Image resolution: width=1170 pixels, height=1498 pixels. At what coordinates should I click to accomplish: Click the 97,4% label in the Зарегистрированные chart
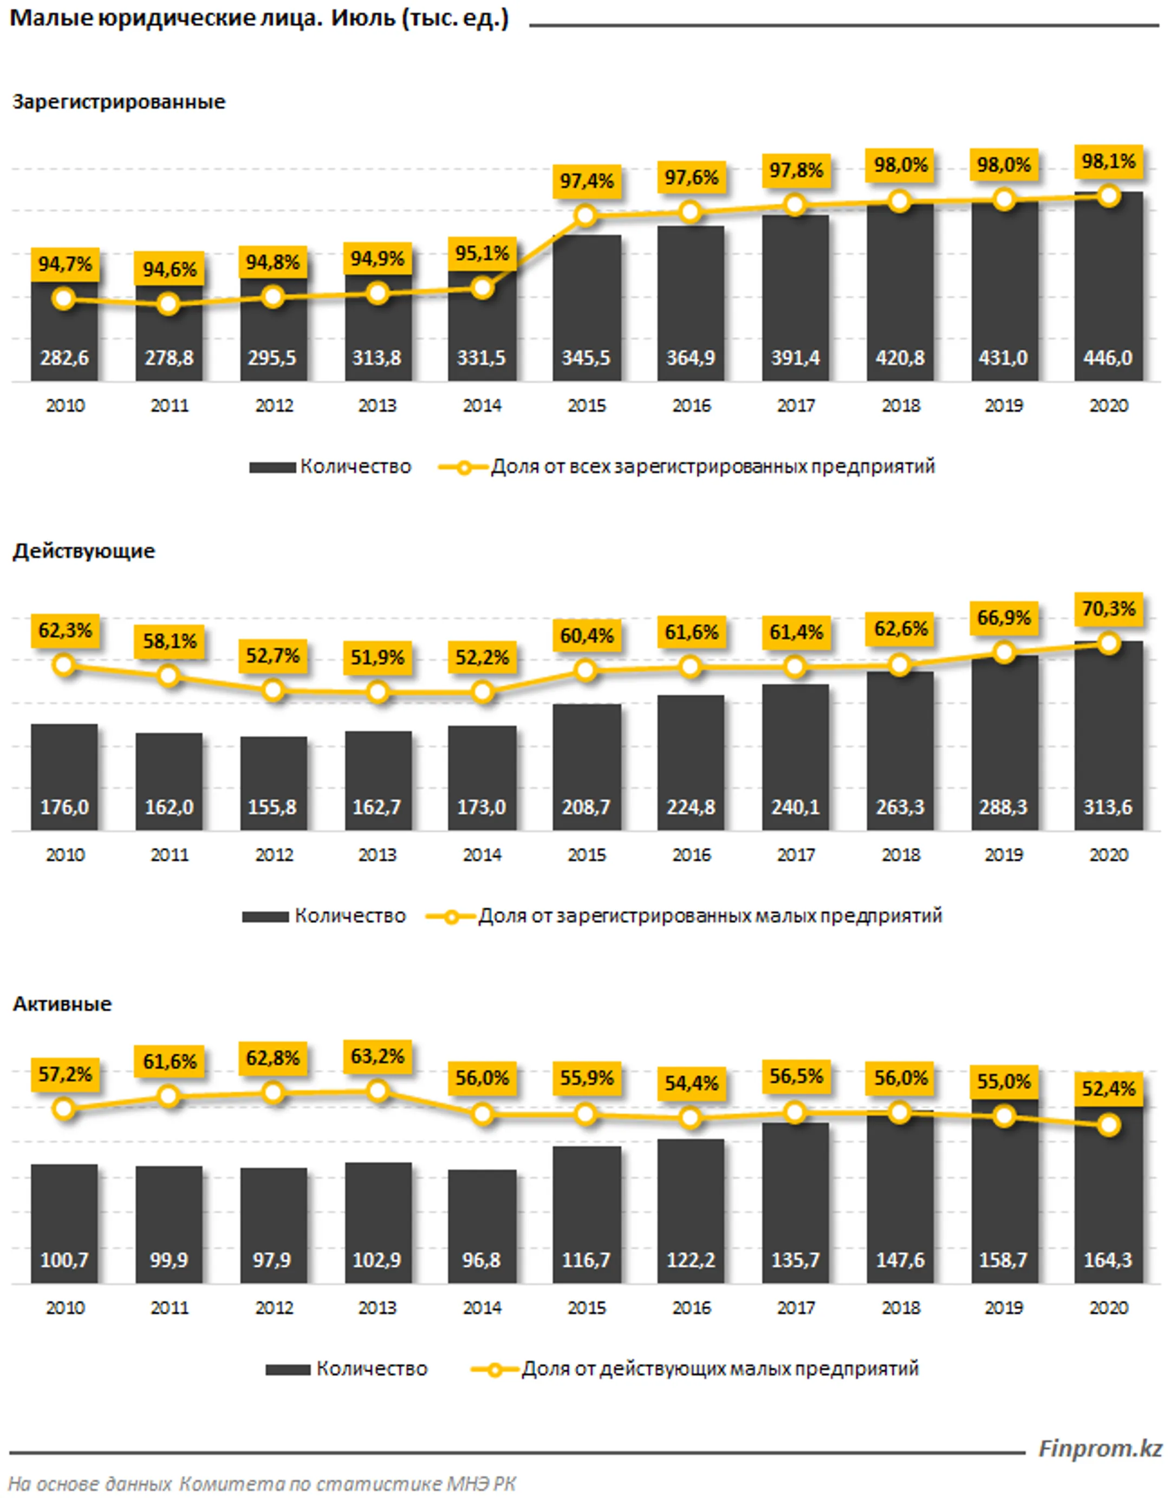586,181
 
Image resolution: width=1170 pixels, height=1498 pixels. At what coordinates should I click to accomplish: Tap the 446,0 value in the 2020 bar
1108,357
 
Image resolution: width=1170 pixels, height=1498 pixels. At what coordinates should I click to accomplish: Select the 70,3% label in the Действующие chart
1108,609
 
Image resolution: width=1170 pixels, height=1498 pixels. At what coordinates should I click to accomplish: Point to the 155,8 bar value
272,807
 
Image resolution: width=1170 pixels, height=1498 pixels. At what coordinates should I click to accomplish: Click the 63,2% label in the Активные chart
378,1056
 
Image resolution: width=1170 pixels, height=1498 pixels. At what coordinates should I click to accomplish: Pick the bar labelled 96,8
482,1226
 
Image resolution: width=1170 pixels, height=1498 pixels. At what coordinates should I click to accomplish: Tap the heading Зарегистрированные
119,102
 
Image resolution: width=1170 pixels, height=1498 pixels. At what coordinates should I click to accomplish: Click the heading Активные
62,1004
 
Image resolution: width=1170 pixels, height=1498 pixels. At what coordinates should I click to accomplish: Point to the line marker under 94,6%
169,304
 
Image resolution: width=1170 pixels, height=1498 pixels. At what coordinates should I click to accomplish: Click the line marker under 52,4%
1109,1125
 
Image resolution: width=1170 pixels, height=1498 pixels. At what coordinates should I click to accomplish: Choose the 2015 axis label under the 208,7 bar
587,855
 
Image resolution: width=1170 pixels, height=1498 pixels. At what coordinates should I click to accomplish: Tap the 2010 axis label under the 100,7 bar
65,1307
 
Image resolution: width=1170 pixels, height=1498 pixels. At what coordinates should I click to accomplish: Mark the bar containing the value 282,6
64,331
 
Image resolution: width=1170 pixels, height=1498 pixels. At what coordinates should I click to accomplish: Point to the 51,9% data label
378,658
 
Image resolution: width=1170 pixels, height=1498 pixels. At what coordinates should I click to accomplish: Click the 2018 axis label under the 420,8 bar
901,405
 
